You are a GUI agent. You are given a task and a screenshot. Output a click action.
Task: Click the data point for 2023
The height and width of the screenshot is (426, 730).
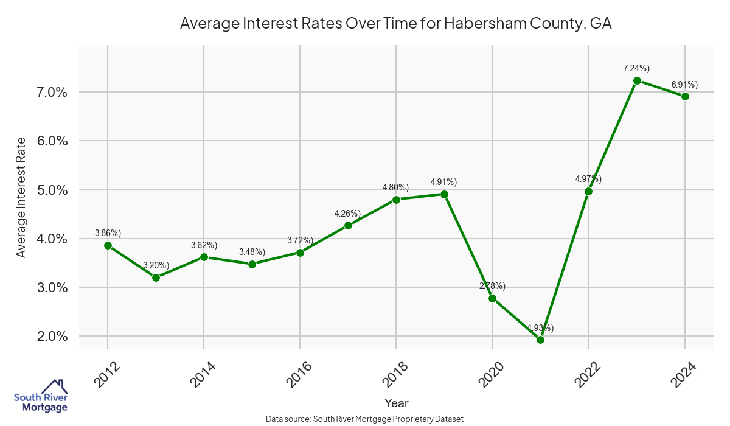point(637,80)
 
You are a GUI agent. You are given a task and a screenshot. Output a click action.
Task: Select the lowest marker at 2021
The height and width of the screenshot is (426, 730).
point(540,340)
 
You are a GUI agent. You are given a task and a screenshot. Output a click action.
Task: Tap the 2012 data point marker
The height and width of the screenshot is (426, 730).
point(108,245)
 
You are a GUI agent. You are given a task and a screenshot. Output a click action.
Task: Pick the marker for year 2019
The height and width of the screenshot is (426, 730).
point(444,194)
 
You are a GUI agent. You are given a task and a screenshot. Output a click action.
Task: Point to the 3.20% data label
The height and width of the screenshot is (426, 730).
point(156,265)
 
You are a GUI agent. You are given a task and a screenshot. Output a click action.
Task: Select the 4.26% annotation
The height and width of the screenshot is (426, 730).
point(347,213)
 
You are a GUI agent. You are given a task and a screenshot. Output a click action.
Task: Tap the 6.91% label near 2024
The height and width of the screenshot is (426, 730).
point(684,84)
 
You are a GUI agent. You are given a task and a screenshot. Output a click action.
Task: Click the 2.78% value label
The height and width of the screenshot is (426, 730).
point(492,285)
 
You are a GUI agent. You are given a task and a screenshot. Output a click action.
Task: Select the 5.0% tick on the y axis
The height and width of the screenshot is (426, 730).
point(49,190)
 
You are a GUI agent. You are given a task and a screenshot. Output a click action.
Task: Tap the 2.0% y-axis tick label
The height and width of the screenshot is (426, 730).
point(49,337)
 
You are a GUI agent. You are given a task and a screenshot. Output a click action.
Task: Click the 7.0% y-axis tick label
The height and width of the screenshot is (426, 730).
point(49,93)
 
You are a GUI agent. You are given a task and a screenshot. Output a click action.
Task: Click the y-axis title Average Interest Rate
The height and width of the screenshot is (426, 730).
point(21,197)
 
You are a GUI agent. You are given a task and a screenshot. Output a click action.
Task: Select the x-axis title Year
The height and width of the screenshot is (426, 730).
point(397,403)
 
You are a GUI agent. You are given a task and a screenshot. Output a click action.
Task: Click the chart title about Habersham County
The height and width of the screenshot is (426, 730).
point(396,24)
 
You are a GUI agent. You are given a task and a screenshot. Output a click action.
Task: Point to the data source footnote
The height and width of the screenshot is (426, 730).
point(365,419)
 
